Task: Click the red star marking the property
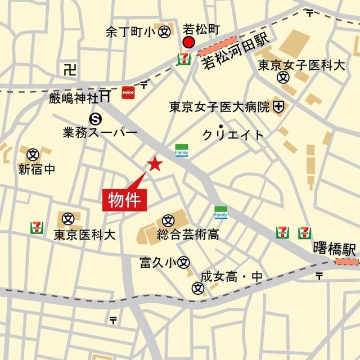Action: coord(155,164)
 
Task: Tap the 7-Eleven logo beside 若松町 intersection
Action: coord(183,58)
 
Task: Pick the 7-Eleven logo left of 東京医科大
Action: coord(37,228)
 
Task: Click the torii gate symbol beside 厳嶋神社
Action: coord(105,97)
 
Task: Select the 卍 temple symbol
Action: coord(69,70)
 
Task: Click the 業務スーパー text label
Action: coord(100,133)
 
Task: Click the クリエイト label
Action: coord(233,135)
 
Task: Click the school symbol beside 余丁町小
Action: coord(164,32)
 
